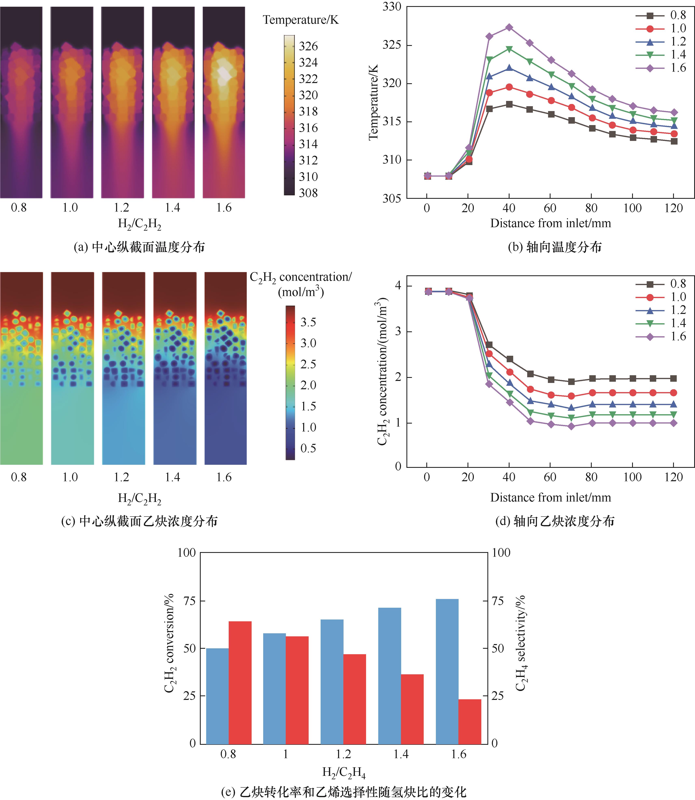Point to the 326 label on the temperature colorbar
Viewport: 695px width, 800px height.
tap(308, 46)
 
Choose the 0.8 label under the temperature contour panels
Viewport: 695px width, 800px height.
tap(19, 208)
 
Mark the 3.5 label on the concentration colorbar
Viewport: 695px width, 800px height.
tap(308, 322)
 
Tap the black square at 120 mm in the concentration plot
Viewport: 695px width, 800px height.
tap(674, 378)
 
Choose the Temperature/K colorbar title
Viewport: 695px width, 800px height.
tap(301, 20)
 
